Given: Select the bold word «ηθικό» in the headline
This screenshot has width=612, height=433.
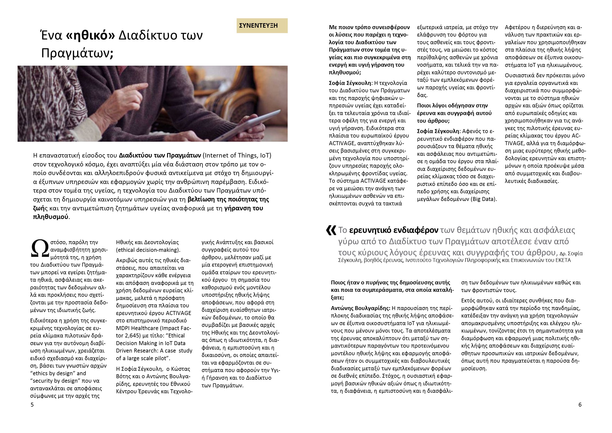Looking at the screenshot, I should tap(90, 36).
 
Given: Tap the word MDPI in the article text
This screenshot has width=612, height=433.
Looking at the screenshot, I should tap(123, 328).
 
